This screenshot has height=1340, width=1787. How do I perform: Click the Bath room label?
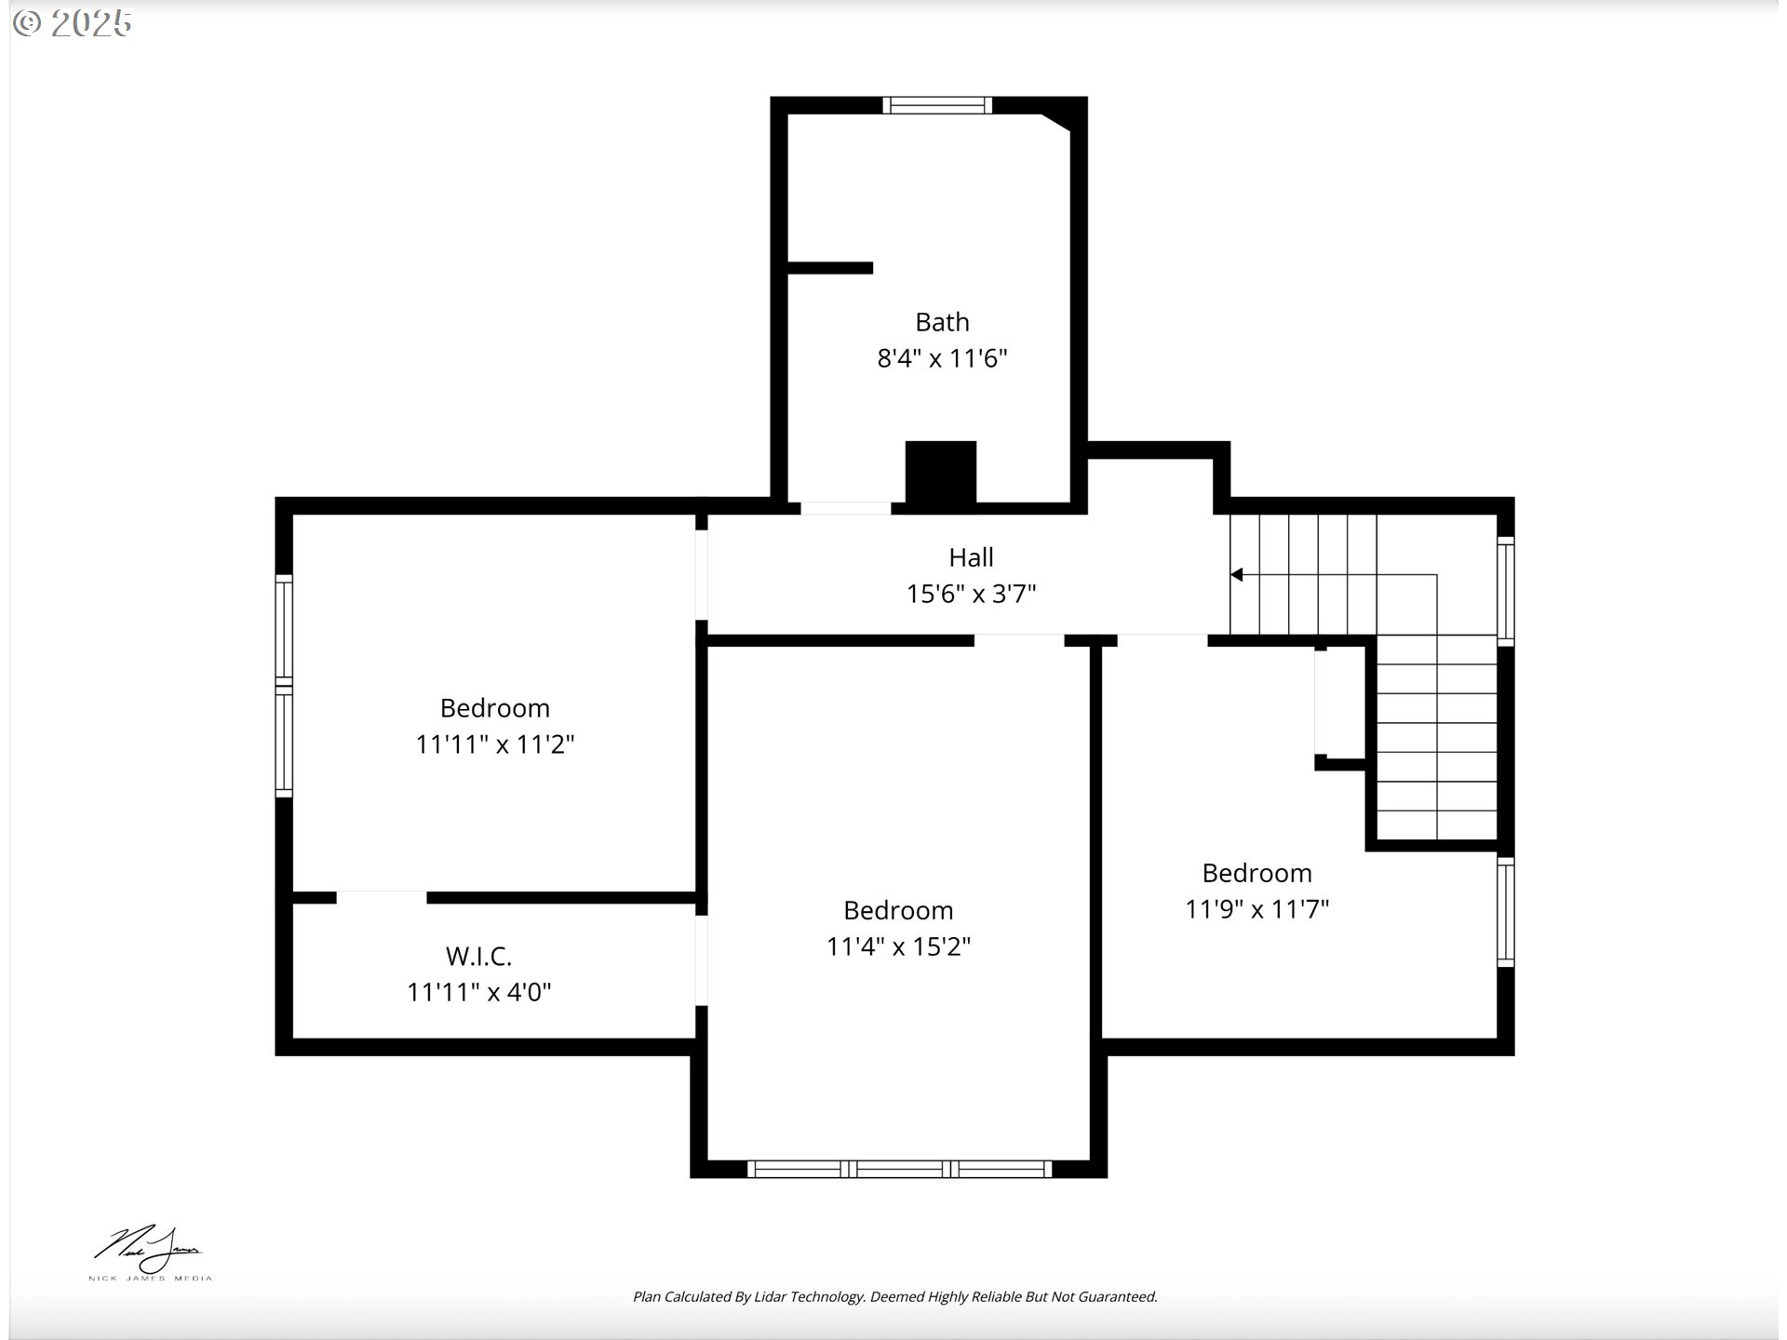942,322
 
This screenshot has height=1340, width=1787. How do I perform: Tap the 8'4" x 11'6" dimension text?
942,358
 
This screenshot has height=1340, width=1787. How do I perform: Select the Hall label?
971,557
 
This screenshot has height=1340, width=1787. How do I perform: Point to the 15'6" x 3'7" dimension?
971,594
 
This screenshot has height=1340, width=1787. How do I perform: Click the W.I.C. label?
478,956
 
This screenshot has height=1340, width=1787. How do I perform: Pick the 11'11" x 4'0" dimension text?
478,992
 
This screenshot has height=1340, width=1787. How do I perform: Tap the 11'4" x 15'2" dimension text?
898,946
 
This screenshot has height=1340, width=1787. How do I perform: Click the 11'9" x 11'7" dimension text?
1256,909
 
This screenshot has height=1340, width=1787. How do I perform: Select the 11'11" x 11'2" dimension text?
494,744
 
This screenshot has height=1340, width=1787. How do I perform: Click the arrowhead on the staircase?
1236,575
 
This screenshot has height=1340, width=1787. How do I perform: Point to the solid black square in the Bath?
941,472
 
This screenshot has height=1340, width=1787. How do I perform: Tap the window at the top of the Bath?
937,105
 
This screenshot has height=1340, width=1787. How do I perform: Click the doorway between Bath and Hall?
846,508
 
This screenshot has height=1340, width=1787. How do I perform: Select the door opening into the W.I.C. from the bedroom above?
382,897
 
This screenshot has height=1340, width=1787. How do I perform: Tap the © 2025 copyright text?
73,23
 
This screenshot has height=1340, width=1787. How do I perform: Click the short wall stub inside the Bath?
830,268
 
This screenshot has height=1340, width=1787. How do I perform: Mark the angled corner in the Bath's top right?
1055,122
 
